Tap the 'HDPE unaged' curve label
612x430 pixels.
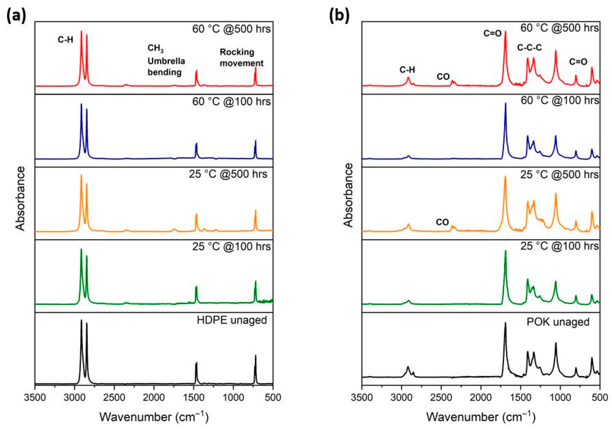[x=232, y=320]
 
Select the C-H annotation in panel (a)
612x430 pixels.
[x=65, y=40]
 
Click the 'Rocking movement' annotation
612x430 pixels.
[x=241, y=58]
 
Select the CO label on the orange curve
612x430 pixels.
[x=442, y=222]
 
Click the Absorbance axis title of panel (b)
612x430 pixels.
[x=348, y=196]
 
